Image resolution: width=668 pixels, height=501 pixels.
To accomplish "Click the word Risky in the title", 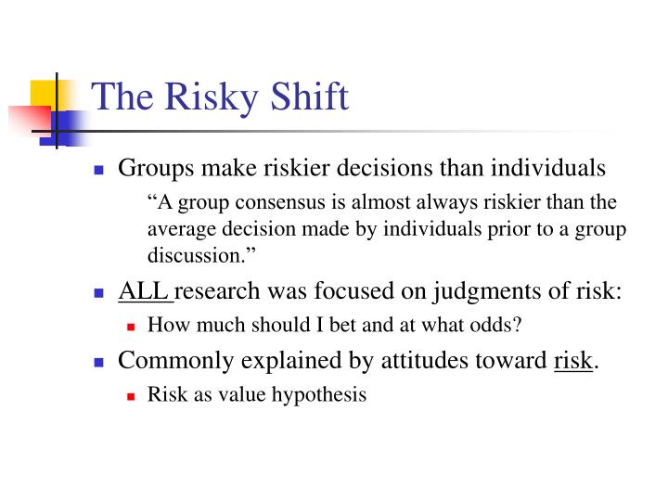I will click(201, 97).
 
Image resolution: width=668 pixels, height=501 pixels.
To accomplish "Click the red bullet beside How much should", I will click(131, 327).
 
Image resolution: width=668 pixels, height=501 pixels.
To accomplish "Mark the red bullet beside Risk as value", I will click(131, 395).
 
